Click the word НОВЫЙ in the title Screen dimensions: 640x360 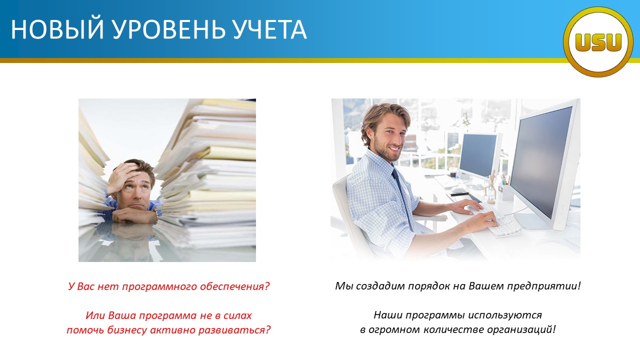pos(57,29)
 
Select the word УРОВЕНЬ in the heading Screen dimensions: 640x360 pos(169,29)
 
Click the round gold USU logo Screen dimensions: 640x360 pos(598,42)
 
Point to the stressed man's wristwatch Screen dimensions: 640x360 pos(155,212)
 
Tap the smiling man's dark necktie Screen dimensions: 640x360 pos(402,197)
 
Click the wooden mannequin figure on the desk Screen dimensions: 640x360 pos(491,186)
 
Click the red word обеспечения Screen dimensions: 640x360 pos(235,286)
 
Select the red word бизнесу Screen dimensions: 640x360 pos(127,330)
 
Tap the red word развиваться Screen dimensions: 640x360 pos(234,330)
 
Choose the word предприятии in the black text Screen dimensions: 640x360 pos(544,286)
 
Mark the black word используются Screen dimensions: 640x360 pos(505,315)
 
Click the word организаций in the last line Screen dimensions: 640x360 pos(521,329)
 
